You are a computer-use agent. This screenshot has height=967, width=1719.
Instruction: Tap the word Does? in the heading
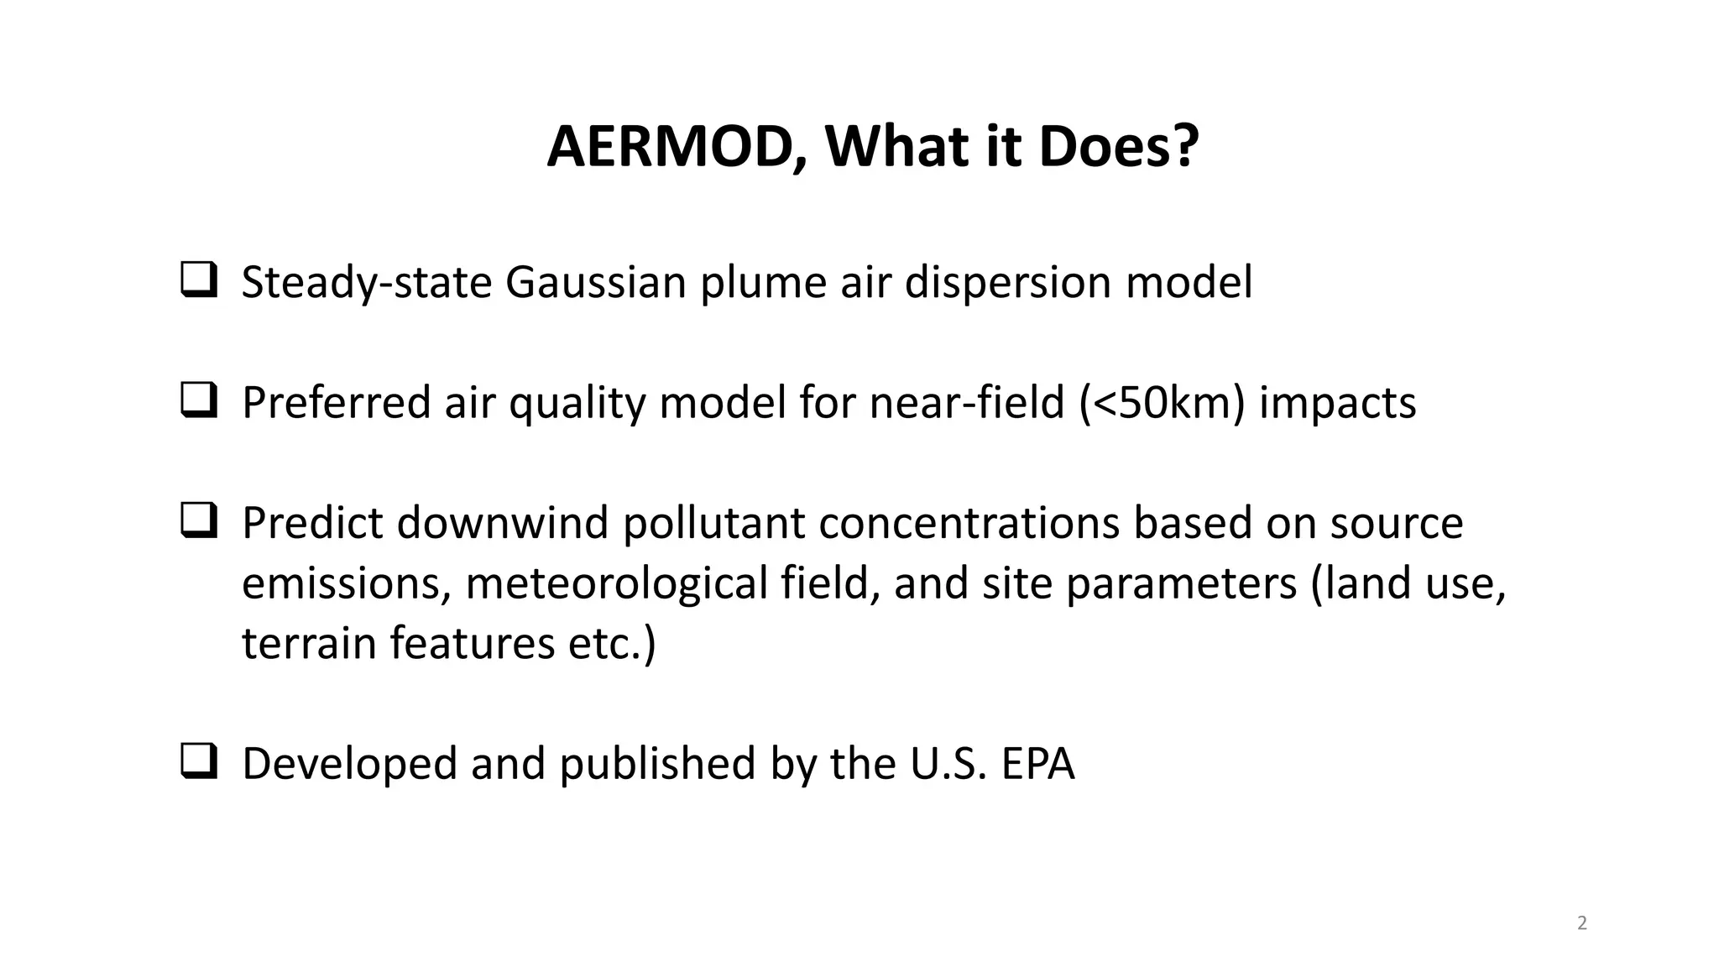pos(1118,147)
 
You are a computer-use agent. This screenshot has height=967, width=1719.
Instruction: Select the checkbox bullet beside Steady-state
pos(199,280)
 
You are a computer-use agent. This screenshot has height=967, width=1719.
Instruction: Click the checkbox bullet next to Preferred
pos(199,400)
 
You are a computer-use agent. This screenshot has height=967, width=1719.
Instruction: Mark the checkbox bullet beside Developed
pos(199,761)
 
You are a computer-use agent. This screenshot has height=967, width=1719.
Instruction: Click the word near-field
pos(967,402)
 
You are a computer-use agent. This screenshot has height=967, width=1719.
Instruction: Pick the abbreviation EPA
pos(1037,764)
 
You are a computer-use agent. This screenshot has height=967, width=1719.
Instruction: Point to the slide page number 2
pos(1582,923)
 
